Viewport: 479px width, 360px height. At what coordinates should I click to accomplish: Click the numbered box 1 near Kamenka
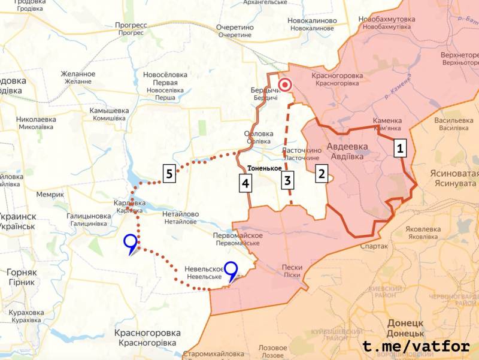coord(401,148)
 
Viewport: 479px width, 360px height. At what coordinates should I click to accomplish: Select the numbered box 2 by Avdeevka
coord(322,174)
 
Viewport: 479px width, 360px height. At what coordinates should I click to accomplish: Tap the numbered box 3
coord(288,180)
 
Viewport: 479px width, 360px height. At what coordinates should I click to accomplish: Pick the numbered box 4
coord(245,183)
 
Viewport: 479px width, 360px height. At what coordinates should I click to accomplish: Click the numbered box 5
coord(170,174)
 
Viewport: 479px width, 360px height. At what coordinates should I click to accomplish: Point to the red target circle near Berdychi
coord(285,84)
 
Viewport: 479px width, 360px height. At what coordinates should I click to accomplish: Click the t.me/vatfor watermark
coord(417,346)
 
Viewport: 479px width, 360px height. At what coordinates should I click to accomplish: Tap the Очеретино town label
coord(235,28)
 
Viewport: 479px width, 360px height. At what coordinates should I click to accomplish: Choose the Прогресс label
coord(131,25)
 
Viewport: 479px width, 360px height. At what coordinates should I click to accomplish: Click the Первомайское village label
coord(238,235)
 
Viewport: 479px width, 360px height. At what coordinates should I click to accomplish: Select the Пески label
coord(292,267)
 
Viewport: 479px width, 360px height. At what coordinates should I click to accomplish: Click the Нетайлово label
coord(180,214)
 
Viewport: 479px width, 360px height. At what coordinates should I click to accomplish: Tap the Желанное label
coord(78,74)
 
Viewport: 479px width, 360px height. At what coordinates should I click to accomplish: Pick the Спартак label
coord(374,246)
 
